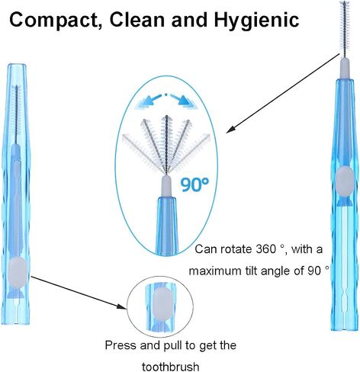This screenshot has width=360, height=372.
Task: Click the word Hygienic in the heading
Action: pyautogui.click(x=256, y=21)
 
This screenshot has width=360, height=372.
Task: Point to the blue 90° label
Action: pyautogui.click(x=194, y=184)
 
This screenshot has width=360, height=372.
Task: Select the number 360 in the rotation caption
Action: pyautogui.click(x=265, y=249)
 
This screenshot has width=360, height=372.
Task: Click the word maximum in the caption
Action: pyautogui.click(x=215, y=271)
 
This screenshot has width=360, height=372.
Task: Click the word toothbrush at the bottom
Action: pyautogui.click(x=170, y=367)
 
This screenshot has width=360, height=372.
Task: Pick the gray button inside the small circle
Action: pyautogui.click(x=162, y=303)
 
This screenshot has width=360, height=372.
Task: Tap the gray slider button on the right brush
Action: pyautogui.click(x=345, y=181)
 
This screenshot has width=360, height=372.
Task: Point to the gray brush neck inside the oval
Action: pyautogui.click(x=166, y=186)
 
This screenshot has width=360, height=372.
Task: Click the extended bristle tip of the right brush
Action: pyautogui.click(x=345, y=29)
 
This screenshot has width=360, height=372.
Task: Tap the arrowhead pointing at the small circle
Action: pyautogui.click(x=121, y=306)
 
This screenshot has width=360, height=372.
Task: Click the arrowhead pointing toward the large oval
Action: pyautogui.click(x=230, y=129)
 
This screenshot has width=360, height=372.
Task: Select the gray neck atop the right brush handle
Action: pyautogui.click(x=345, y=69)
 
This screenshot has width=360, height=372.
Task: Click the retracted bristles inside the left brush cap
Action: pyautogui.click(x=17, y=113)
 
